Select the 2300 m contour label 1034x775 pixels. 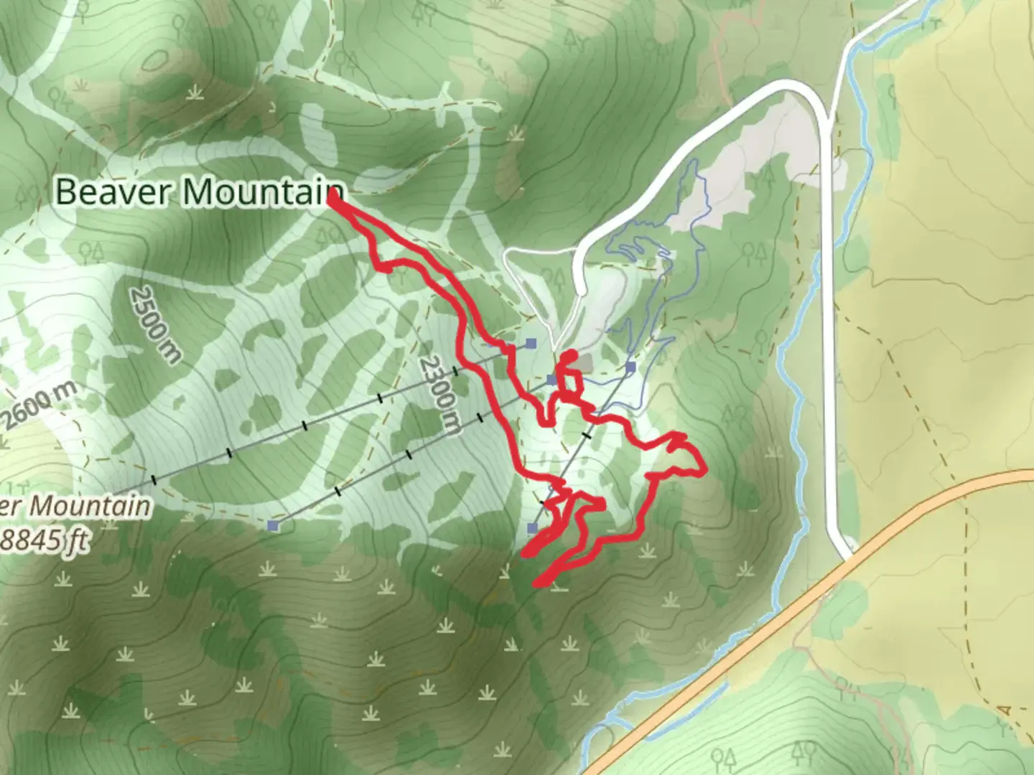tap(439, 395)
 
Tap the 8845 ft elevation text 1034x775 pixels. tap(45, 540)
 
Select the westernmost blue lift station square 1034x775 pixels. tap(273, 526)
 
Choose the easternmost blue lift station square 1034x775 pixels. tap(630, 368)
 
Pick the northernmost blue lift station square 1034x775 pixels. tap(531, 344)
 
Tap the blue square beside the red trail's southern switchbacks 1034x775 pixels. tap(532, 528)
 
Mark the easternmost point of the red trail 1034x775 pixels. tap(705, 471)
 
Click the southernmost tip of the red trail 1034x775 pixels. tap(536, 585)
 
